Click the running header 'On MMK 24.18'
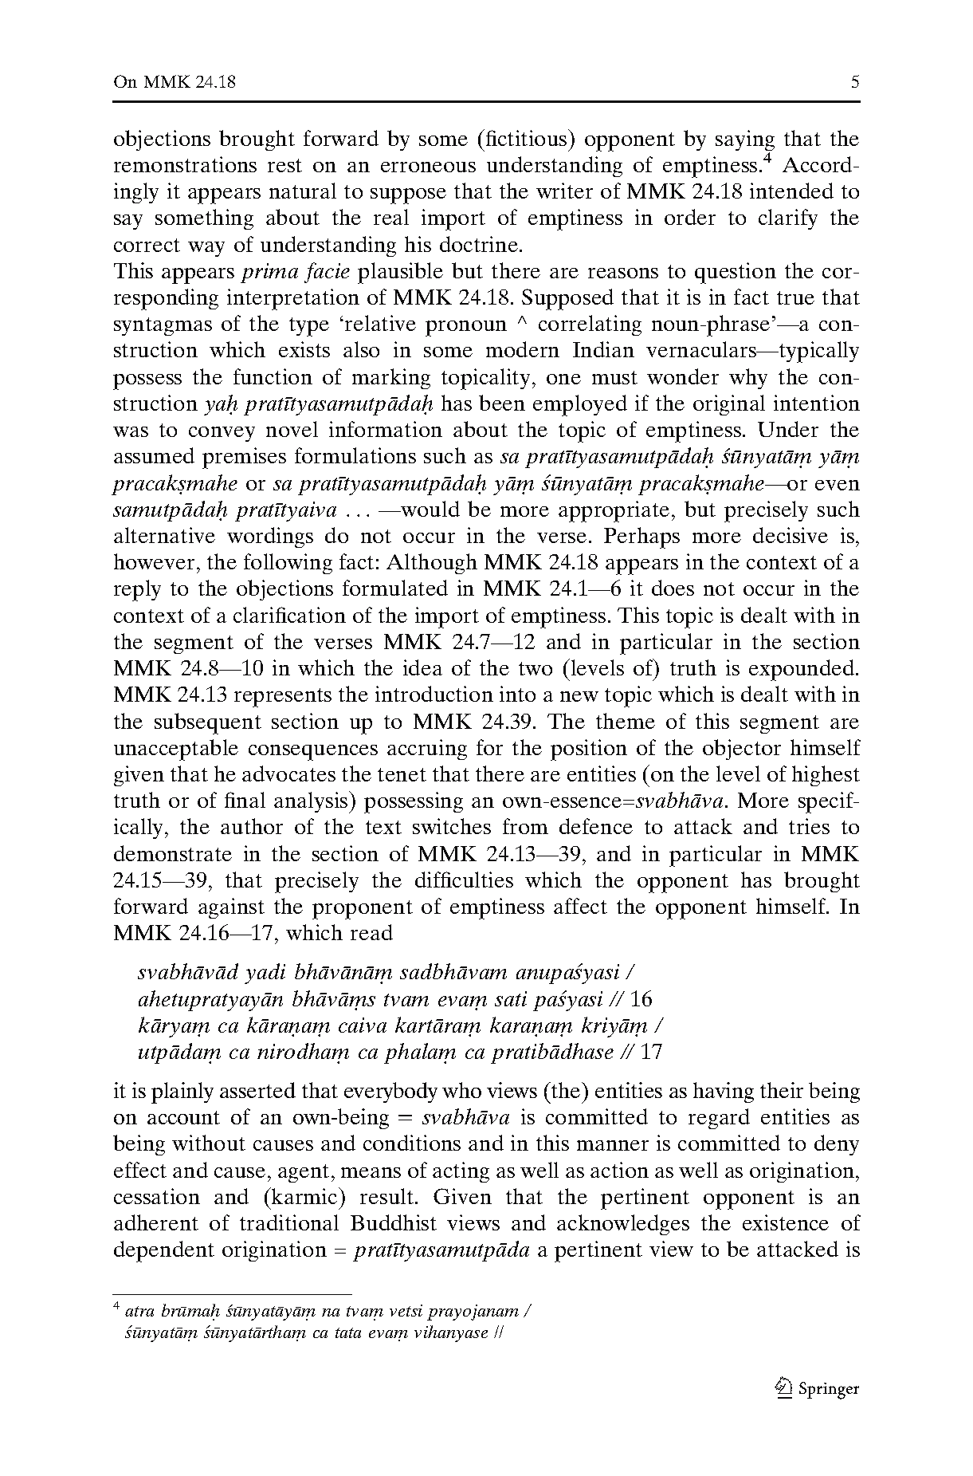tap(175, 82)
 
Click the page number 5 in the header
tap(855, 82)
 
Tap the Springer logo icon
tap(783, 1387)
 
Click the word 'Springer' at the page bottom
tap(829, 1389)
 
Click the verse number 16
tap(641, 999)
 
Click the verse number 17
tap(651, 1052)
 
